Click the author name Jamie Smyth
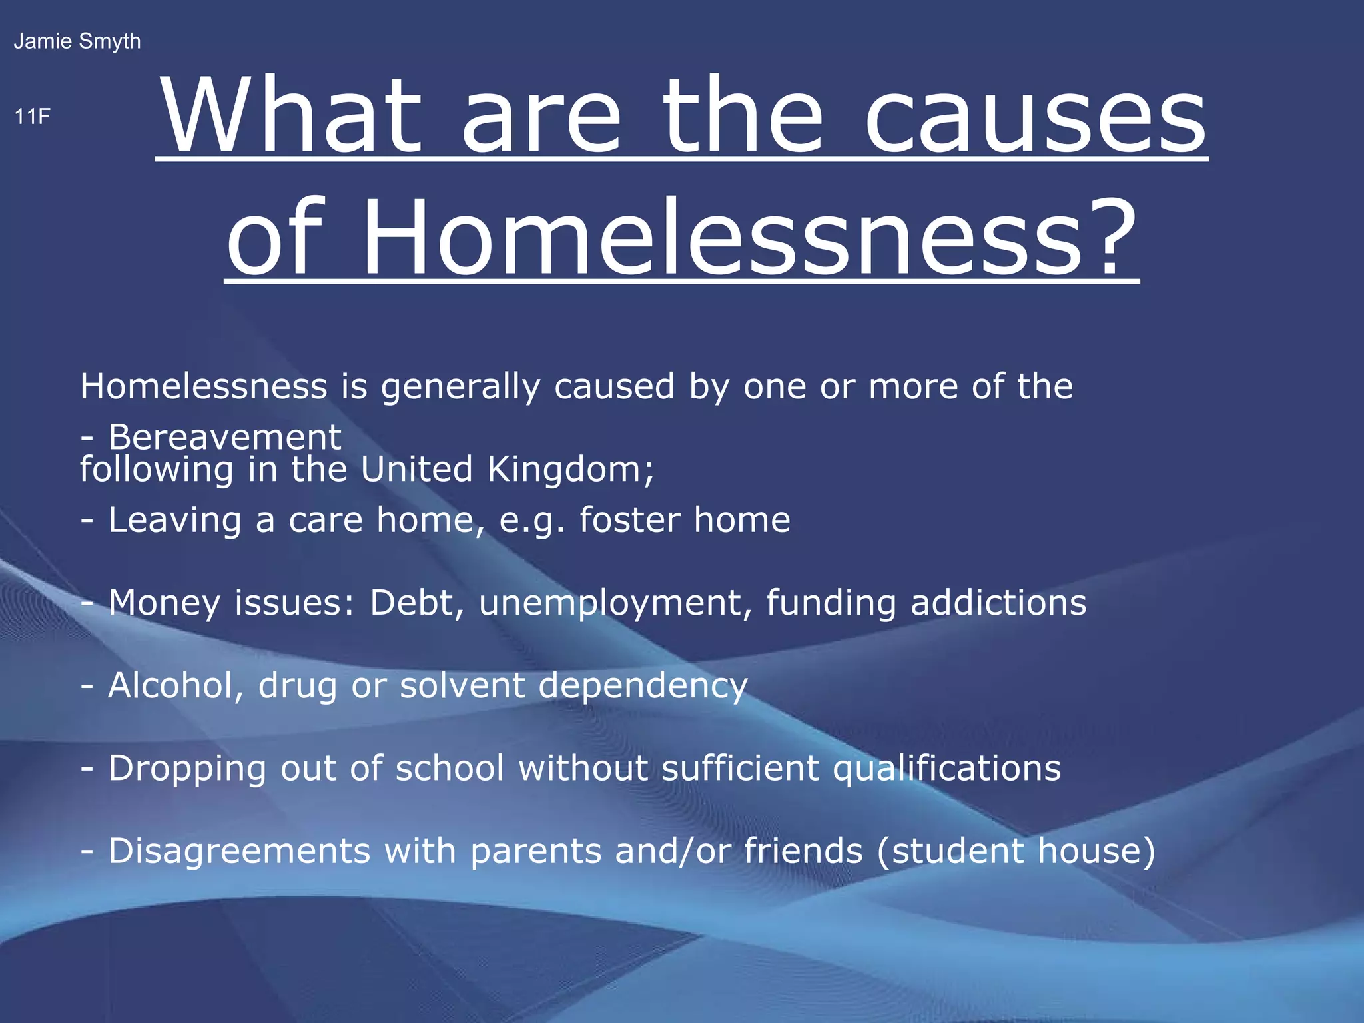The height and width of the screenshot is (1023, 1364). coord(77,41)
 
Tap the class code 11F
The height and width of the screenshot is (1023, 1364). coord(33,117)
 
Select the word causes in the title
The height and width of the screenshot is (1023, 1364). coord(1035,116)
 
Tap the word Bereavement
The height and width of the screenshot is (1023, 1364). coord(224,438)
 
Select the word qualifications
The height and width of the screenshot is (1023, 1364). coord(947,769)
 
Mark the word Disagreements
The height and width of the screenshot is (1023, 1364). coord(239,852)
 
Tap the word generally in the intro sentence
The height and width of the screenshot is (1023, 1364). coord(460,388)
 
